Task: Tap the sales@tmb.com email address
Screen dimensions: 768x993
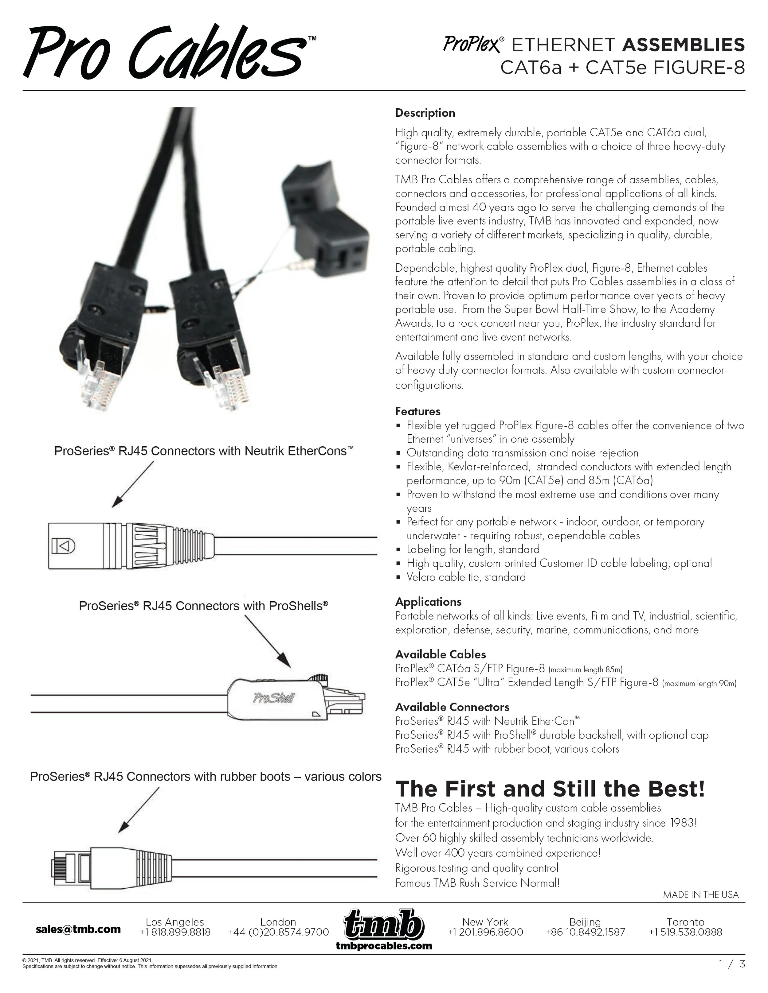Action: [78, 929]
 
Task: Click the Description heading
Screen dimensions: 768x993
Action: [425, 113]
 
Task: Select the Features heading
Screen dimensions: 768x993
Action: [418, 411]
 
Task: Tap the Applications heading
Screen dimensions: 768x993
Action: [428, 602]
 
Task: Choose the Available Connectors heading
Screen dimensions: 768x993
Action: [452, 707]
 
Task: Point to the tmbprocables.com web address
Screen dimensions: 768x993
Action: [384, 946]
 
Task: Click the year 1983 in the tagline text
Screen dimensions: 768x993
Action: [682, 823]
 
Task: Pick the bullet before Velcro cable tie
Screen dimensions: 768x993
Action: [398, 577]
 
